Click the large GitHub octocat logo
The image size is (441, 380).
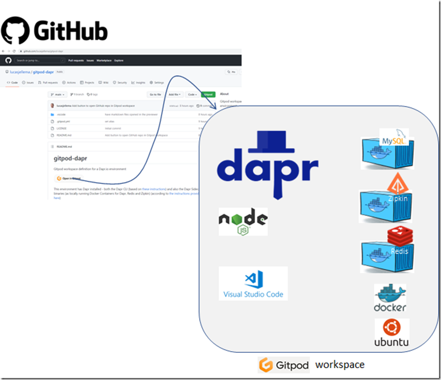click(x=15, y=30)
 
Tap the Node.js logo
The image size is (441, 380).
click(x=243, y=221)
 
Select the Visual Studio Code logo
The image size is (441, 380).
click(x=253, y=283)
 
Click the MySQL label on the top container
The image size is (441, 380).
click(x=394, y=140)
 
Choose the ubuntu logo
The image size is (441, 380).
click(x=392, y=332)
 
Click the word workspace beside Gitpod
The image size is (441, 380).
click(x=340, y=365)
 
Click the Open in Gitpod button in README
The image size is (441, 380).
click(x=69, y=178)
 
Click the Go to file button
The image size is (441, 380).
click(x=155, y=94)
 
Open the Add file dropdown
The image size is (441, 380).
click(x=174, y=94)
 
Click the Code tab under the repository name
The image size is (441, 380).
click(x=12, y=83)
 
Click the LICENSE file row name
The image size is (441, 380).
click(x=62, y=128)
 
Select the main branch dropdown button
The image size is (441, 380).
click(x=58, y=94)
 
